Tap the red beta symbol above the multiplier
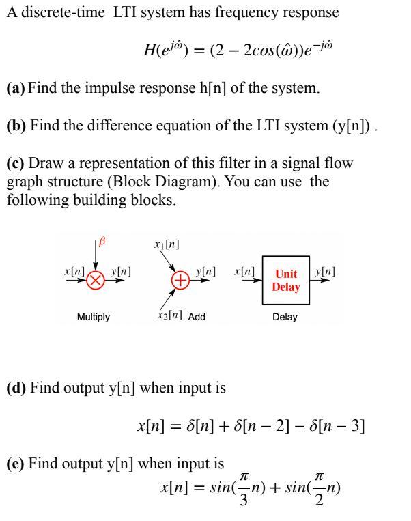click(x=103, y=242)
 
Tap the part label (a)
click(x=14, y=90)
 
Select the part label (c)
click(x=14, y=164)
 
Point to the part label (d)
click(x=15, y=390)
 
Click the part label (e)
click(x=14, y=464)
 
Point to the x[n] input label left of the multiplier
click(x=73, y=272)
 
